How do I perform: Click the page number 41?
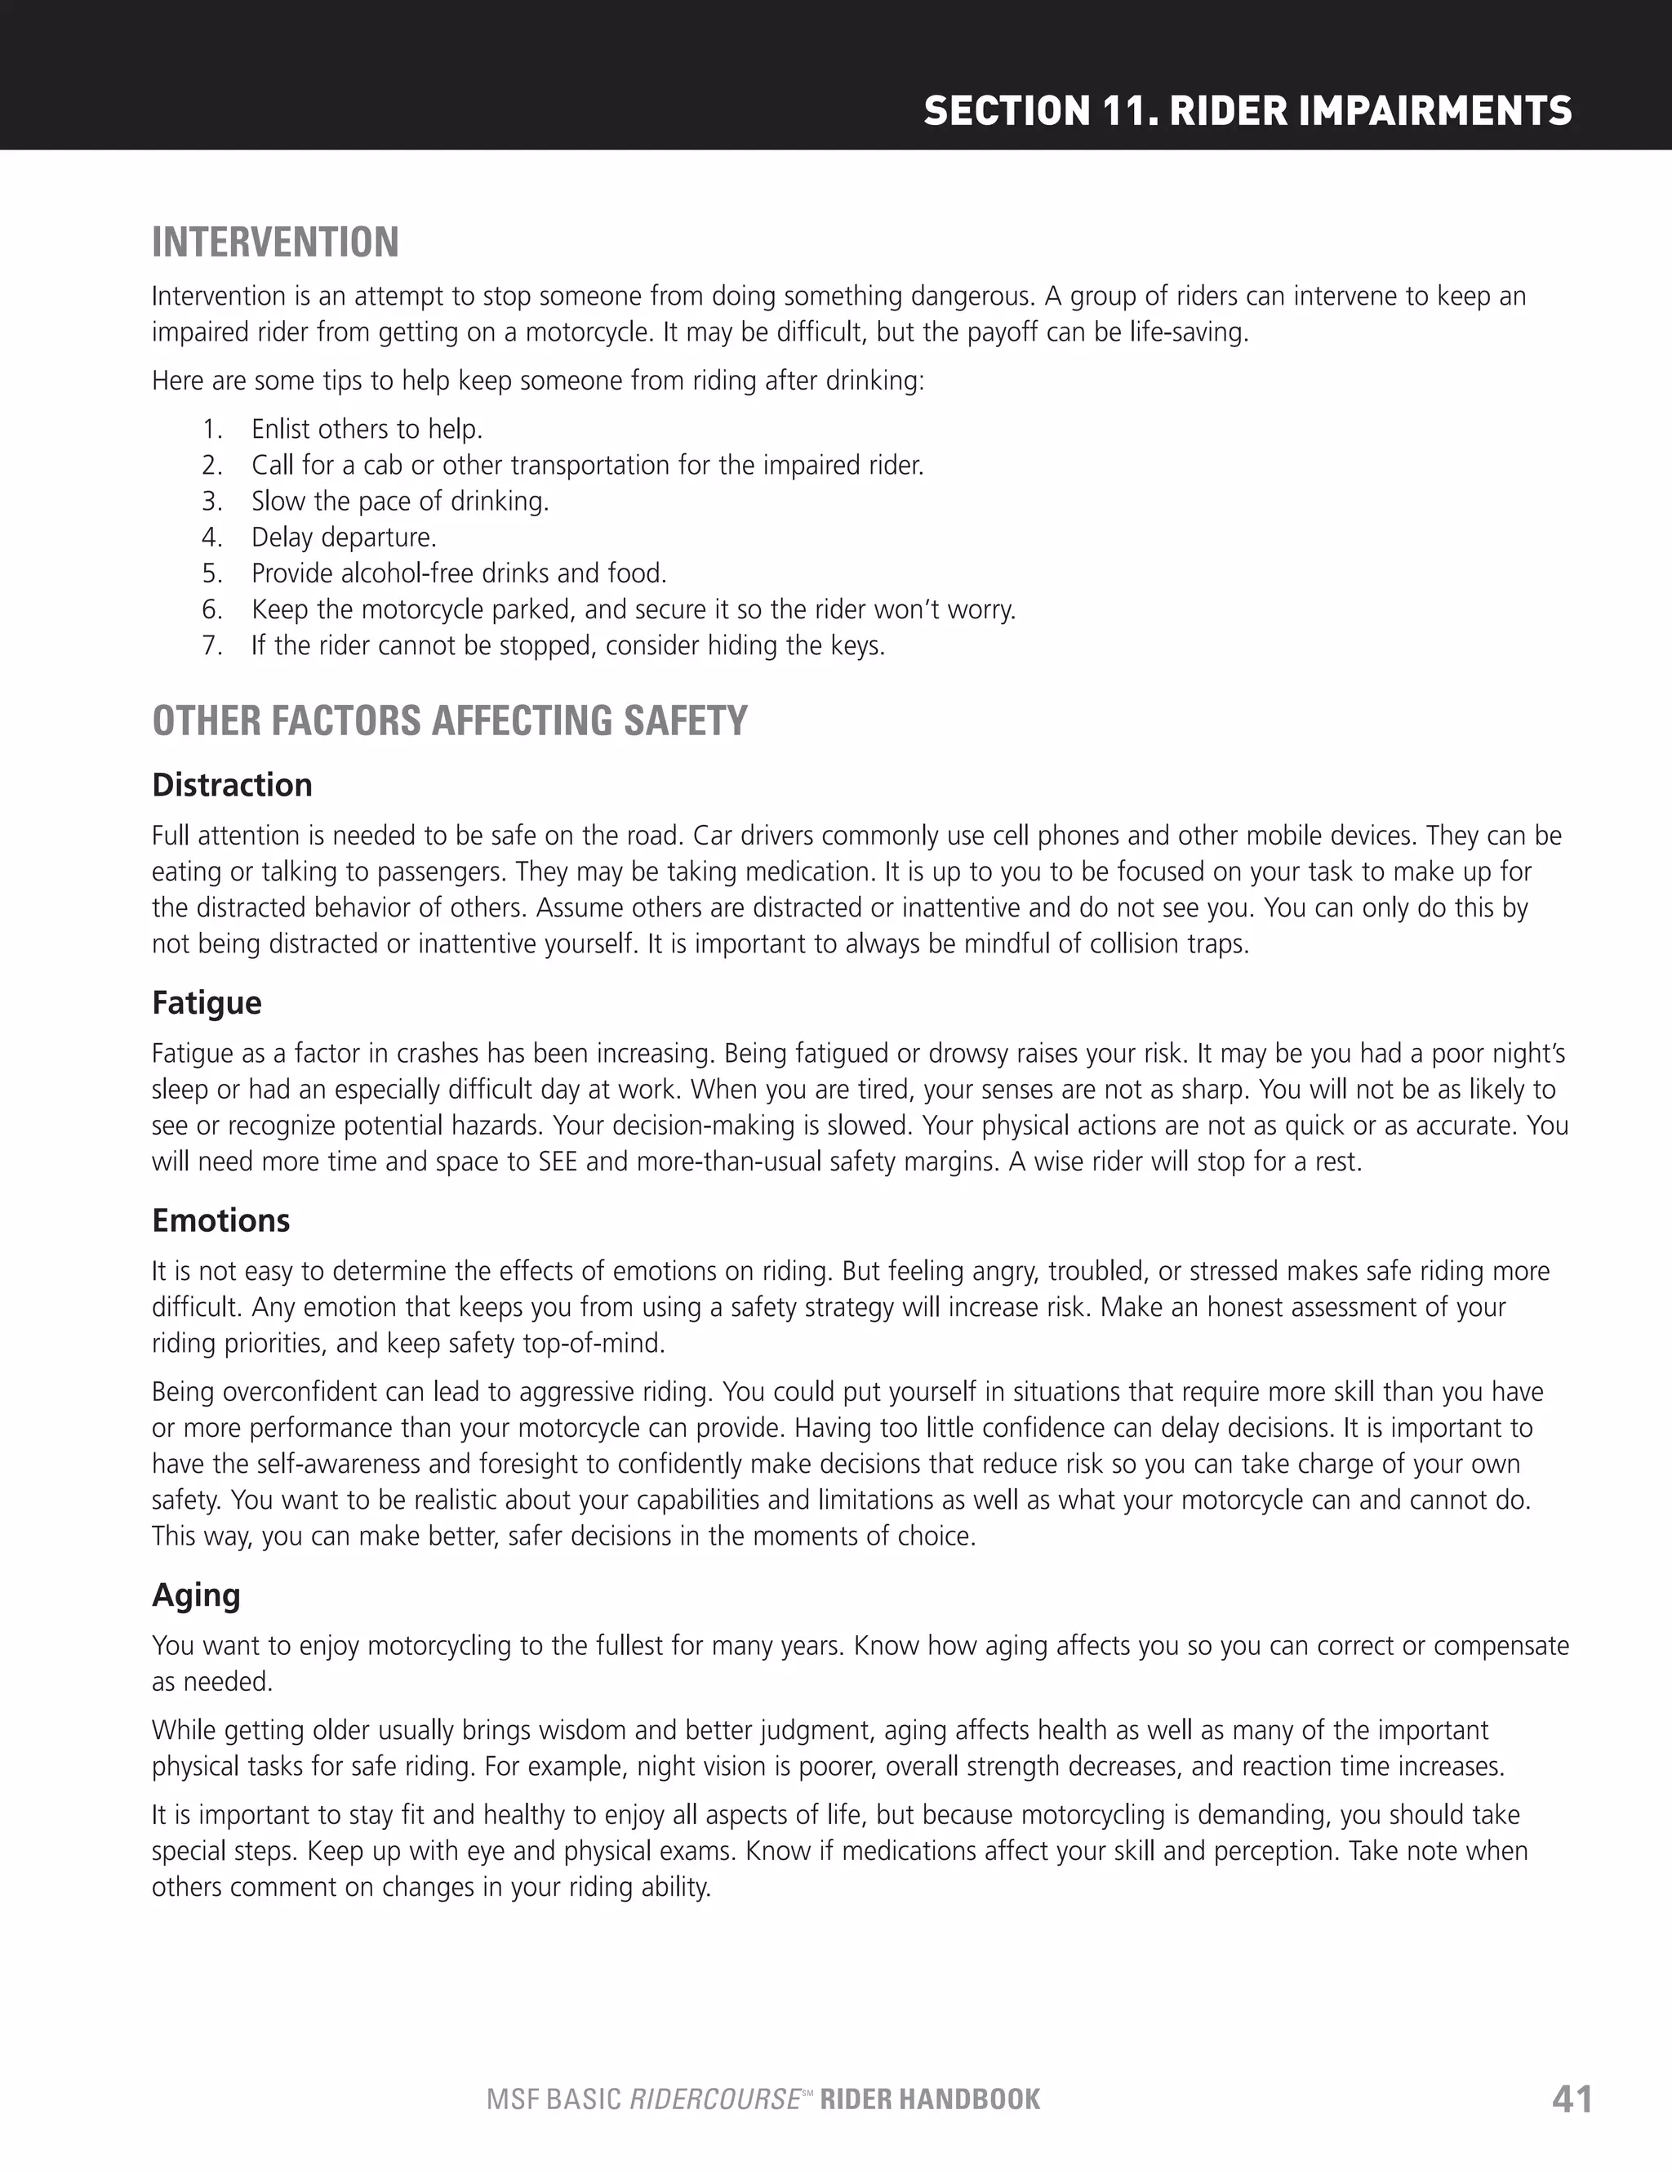click(1572, 2100)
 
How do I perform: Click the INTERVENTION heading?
click(275, 243)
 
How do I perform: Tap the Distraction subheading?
click(232, 785)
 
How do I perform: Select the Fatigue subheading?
click(207, 1002)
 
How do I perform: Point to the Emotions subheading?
click(220, 1220)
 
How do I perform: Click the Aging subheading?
click(196, 1595)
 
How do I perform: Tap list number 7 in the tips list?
click(211, 645)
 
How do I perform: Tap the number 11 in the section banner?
click(1127, 110)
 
